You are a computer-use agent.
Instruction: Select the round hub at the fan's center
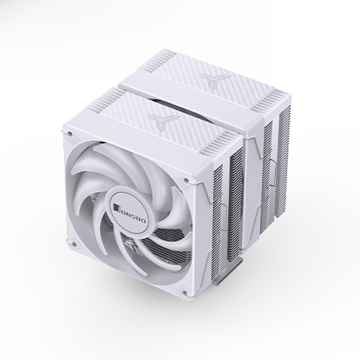(x=129, y=211)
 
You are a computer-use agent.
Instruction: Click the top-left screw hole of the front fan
(x=69, y=132)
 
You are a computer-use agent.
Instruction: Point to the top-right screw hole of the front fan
(x=186, y=180)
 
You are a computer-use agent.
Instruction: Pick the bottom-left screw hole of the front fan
(x=74, y=244)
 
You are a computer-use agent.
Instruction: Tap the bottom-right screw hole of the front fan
(x=184, y=292)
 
